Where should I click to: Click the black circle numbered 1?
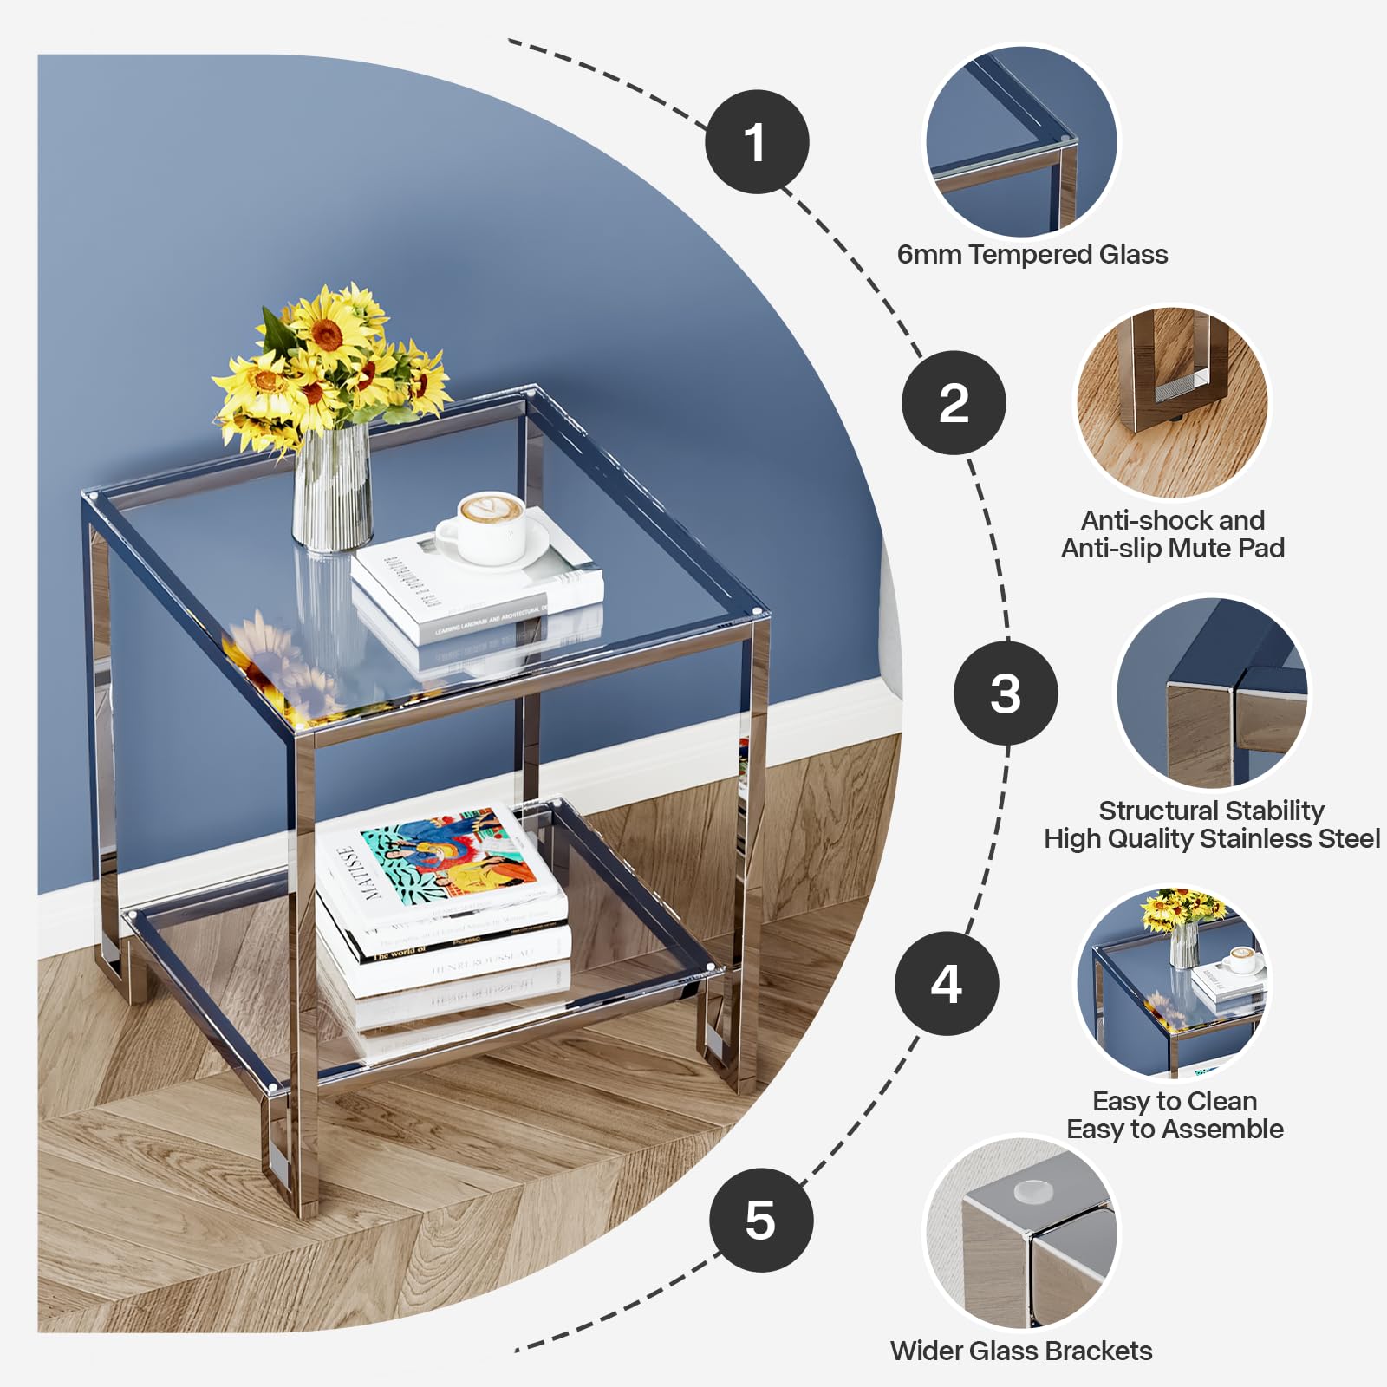coord(757,141)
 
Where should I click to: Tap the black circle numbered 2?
coord(954,403)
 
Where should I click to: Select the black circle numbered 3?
coord(1006,693)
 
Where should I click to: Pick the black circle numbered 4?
coord(947,983)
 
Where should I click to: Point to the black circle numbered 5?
coord(760,1220)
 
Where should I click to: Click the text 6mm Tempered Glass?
coord(1032,254)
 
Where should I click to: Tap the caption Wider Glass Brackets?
coord(1021,1351)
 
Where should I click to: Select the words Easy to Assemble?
coord(1175,1129)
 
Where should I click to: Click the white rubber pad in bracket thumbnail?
coord(1032,1192)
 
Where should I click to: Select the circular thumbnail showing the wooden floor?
coord(1172,402)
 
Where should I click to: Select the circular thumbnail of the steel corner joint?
coord(1212,693)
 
